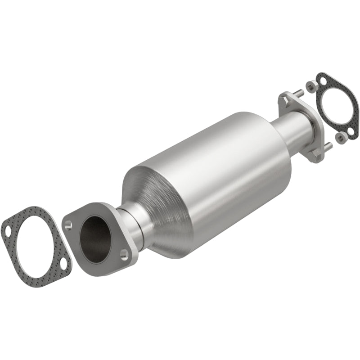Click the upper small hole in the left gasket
click(8, 233)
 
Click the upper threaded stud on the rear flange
click(297, 94)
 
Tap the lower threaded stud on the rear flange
click(328, 146)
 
